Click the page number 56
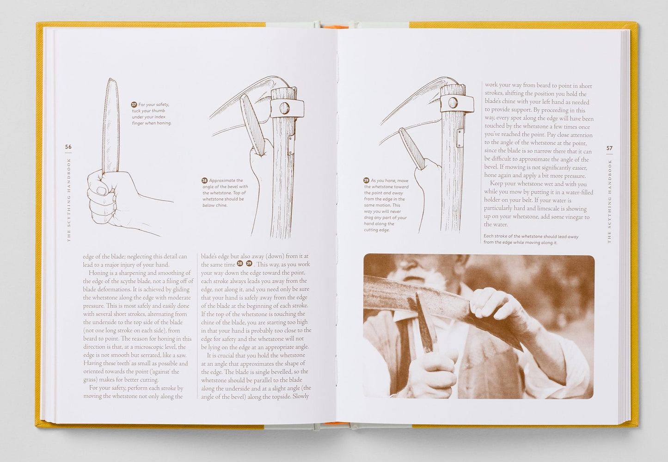coord(68,147)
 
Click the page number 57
coord(609,148)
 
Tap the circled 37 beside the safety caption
coord(134,105)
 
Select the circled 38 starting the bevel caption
coord(204,180)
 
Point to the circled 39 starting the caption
coord(366,180)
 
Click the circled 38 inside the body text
coord(240,264)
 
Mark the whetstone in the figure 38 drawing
coord(254,125)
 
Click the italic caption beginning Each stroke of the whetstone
coord(531,239)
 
